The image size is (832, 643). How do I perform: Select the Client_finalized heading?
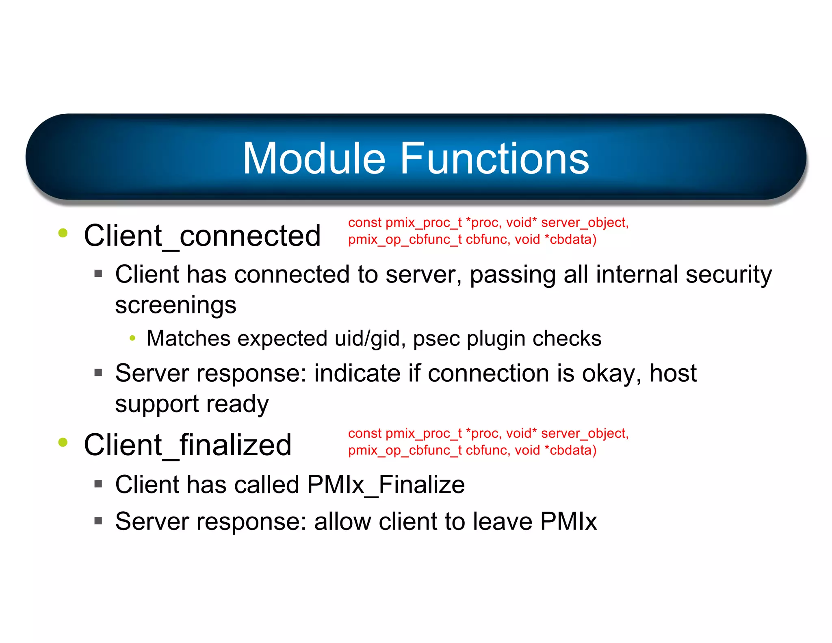tap(187, 445)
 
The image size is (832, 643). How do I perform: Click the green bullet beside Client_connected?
tap(63, 233)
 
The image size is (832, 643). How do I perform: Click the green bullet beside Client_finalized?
tap(63, 442)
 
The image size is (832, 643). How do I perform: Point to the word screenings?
tap(175, 305)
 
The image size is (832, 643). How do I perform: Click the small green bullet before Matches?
tap(132, 338)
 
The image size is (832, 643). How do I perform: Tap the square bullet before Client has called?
tap(98, 484)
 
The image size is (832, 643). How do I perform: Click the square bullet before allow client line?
tap(98, 521)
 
